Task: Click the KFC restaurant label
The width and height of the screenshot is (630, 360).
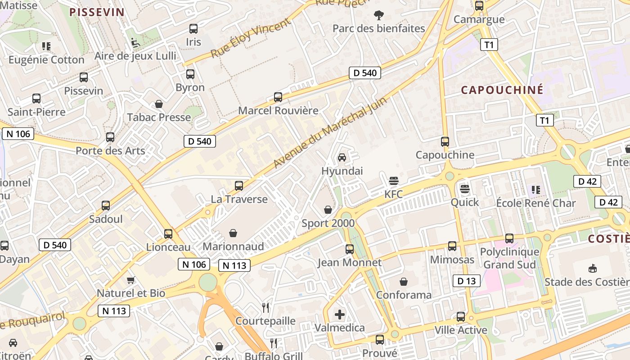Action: click(394, 194)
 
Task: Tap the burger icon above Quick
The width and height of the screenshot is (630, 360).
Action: click(465, 188)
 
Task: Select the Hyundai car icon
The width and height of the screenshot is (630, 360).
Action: click(342, 157)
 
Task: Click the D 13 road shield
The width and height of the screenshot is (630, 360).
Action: click(466, 281)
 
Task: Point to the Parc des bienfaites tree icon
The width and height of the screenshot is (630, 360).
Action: click(379, 15)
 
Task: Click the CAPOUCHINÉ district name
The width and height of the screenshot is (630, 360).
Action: click(502, 90)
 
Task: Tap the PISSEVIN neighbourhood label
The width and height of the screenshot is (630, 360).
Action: click(97, 12)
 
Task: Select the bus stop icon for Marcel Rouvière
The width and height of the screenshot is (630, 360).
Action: click(278, 97)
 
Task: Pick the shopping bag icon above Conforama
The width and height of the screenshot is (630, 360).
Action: click(404, 282)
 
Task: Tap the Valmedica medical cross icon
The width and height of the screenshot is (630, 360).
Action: click(340, 314)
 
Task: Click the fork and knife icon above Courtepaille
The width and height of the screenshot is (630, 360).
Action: click(265, 308)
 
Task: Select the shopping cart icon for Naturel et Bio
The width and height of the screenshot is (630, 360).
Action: click(131, 280)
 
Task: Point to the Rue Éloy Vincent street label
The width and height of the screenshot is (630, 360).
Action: click(250, 39)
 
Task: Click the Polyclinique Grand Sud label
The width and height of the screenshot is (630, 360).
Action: click(509, 258)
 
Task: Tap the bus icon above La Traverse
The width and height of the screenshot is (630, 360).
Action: click(239, 185)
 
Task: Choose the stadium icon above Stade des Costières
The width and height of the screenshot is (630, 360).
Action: click(593, 269)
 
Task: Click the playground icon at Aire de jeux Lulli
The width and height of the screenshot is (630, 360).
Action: click(135, 43)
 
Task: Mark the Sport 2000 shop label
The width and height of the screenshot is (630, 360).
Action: click(328, 223)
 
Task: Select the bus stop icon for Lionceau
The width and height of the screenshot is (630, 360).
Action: click(168, 234)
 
